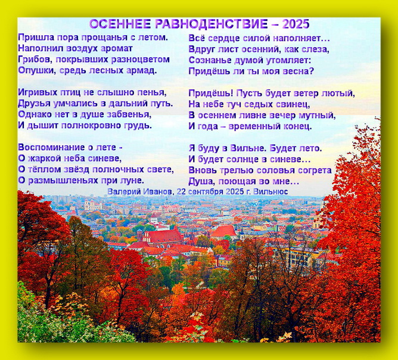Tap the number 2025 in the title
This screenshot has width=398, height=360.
click(x=296, y=24)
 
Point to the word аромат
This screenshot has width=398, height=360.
click(x=117, y=49)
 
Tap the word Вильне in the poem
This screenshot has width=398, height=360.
click(x=248, y=148)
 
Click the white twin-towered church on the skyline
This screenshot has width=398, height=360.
click(x=91, y=206)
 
